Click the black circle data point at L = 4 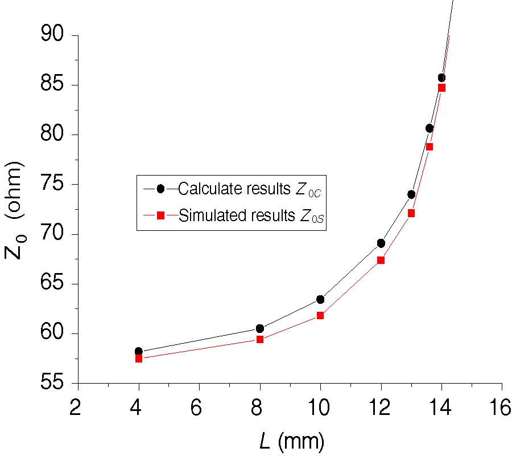coord(139,351)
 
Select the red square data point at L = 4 coord(139,359)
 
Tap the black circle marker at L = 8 coord(260,328)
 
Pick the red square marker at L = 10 coord(320,315)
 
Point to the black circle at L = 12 coord(381,243)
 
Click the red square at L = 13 coord(411,213)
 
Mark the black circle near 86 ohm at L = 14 coord(441,78)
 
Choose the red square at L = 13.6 coord(430,146)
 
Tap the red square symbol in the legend coord(160,215)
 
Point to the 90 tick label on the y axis coord(55,35)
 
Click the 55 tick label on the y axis coord(55,383)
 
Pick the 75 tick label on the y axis coord(55,185)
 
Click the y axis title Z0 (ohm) coord(16,209)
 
